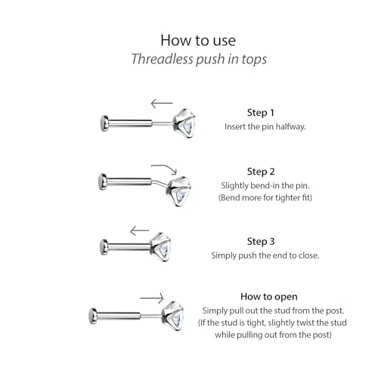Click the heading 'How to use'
(198, 40)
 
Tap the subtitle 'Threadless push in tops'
(199, 59)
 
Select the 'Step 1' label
(261, 113)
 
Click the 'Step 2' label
(261, 172)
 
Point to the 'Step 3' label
(261, 241)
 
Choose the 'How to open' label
(269, 296)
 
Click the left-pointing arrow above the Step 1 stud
(162, 103)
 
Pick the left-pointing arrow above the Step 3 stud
(140, 231)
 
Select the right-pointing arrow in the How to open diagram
(152, 299)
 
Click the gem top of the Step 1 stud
(184, 123)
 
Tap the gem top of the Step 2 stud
(178, 191)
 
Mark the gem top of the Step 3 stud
(161, 247)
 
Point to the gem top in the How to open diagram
(172, 316)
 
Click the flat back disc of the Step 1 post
(104, 123)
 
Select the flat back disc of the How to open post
(93, 316)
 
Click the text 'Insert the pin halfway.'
(265, 126)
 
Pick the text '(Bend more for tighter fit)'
(265, 197)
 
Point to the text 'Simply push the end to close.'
(265, 256)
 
